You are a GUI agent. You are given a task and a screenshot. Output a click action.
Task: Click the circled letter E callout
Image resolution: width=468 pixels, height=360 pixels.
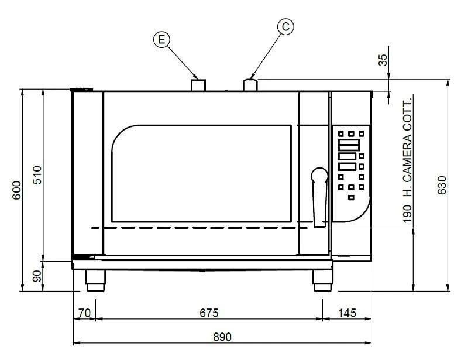click(x=161, y=39)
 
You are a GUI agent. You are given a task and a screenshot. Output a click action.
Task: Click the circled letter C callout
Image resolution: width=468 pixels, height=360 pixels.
click(x=285, y=26)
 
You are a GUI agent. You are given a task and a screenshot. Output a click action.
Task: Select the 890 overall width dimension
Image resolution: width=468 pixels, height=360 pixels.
click(x=222, y=337)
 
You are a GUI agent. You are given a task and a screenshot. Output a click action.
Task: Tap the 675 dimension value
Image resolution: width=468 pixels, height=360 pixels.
click(x=209, y=313)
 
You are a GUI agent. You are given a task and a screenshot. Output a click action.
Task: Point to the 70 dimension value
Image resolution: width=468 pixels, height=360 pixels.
click(x=84, y=313)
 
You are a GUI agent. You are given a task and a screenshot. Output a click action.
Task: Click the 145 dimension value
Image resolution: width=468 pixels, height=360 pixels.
click(x=347, y=313)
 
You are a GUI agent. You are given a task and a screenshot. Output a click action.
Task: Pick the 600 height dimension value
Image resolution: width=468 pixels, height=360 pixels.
click(x=17, y=190)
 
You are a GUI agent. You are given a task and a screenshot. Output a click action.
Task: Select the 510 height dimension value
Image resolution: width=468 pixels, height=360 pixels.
click(x=37, y=175)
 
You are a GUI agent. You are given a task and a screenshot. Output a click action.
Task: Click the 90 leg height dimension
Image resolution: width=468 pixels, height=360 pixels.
click(x=37, y=276)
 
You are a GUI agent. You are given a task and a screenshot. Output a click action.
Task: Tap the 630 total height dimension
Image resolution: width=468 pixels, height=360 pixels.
click(x=442, y=185)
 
